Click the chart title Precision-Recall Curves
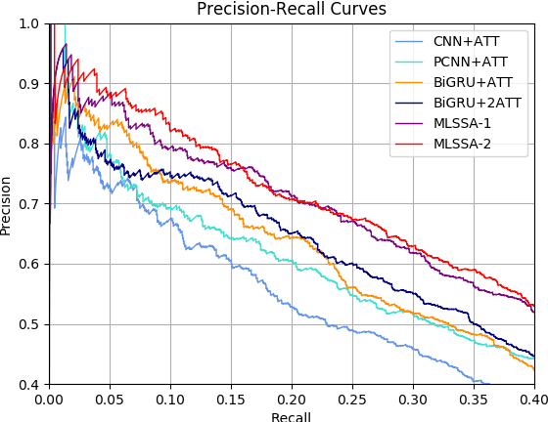[292, 9]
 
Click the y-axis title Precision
[8, 204]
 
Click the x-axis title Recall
[292, 416]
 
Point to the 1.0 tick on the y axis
[30, 23]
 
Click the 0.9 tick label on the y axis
[30, 84]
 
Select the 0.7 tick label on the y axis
[30, 204]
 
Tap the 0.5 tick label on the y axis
[30, 324]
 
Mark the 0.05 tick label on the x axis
[110, 399]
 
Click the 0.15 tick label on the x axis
[231, 399]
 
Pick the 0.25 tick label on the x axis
[352, 399]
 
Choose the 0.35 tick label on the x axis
[474, 399]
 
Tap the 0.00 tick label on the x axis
[49, 399]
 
